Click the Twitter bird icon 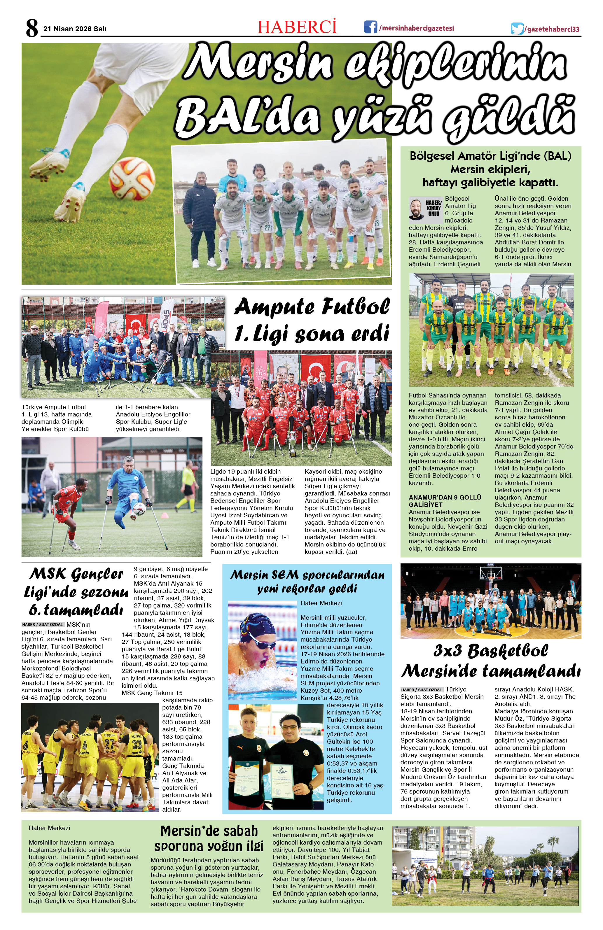click(517, 29)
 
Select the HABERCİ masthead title click(297, 27)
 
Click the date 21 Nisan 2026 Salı click(75, 29)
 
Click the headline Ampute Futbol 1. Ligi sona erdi click(312, 320)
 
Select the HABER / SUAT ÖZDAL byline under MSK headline click(43, 624)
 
